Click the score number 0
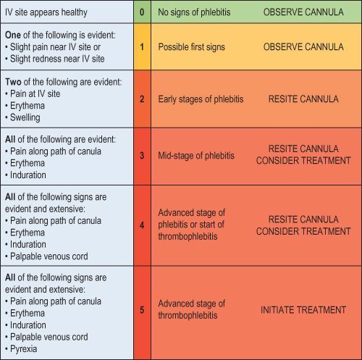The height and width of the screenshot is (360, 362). [142, 12]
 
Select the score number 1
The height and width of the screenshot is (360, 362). [142, 46]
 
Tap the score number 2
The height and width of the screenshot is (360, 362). [142, 99]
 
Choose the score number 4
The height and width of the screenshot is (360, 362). [142, 225]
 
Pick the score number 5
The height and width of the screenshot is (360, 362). [142, 309]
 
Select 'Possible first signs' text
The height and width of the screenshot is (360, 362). [193, 46]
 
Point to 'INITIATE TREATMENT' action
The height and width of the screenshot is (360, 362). [303, 309]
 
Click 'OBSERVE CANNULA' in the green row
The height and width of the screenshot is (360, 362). [303, 12]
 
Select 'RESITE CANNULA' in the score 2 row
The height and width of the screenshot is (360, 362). [303, 99]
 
